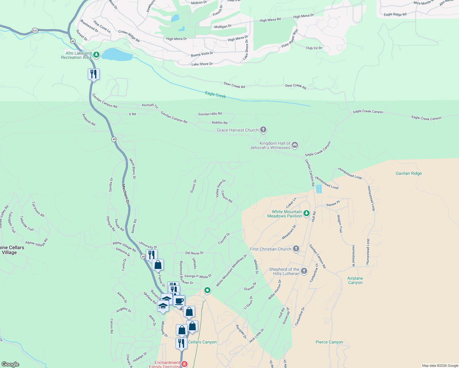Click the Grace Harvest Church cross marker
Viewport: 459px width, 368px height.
263,130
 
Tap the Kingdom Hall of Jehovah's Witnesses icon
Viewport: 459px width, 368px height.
295,145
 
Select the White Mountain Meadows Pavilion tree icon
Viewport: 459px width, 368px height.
306,213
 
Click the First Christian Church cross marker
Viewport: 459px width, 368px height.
296,249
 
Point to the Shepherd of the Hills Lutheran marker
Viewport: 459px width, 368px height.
304,271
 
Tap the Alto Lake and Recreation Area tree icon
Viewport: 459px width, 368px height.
96,55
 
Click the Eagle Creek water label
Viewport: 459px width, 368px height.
215,95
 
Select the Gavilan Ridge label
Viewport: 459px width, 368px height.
409,173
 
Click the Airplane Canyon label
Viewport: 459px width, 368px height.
355,280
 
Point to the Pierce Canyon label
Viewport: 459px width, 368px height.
329,342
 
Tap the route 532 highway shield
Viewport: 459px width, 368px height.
35,31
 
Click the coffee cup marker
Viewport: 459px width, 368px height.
179,301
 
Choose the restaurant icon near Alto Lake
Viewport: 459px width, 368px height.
94,74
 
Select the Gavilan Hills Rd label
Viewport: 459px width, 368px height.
210,114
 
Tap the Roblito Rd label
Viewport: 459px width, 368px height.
219,122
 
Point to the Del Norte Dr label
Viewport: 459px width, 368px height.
194,253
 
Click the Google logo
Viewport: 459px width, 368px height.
10,364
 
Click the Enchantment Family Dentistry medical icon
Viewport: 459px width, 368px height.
184,364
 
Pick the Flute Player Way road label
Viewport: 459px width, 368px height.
290,38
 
